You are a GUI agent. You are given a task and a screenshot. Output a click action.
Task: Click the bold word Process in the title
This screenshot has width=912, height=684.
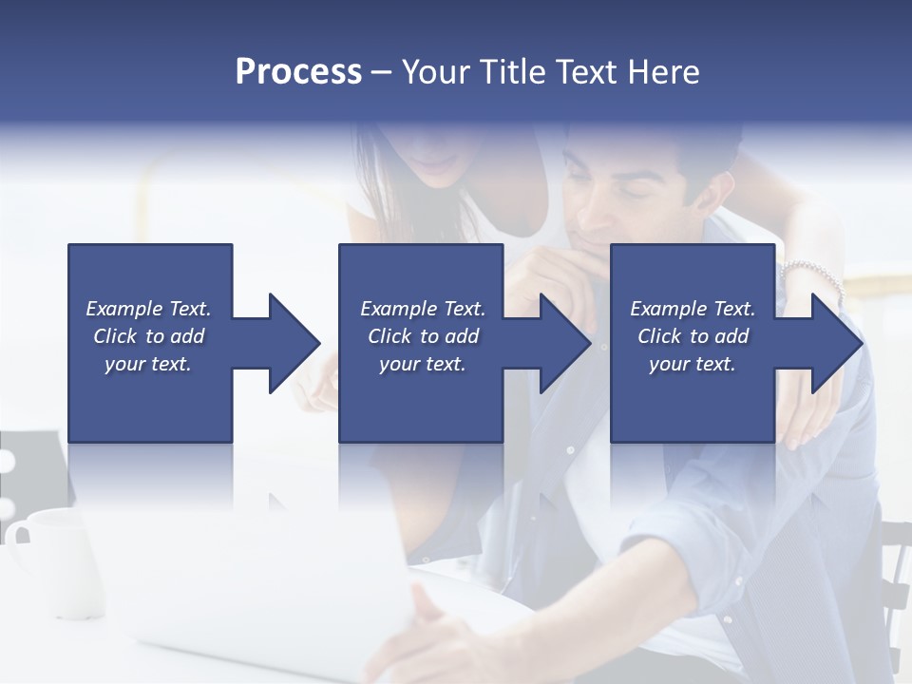pyautogui.click(x=298, y=72)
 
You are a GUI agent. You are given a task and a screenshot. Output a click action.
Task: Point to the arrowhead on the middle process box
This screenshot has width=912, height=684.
pyautogui.click(x=563, y=343)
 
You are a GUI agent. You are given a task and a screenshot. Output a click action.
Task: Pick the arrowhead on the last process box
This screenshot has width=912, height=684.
pyautogui.click(x=835, y=343)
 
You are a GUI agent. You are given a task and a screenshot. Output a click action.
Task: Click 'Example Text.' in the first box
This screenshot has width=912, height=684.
pyautogui.click(x=148, y=309)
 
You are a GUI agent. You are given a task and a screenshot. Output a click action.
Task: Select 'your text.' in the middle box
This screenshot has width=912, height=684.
pyautogui.click(x=423, y=364)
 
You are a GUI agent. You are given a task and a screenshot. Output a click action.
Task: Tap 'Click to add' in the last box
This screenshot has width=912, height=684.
pyautogui.click(x=693, y=336)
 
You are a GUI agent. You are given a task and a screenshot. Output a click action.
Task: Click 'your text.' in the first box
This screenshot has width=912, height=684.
pyautogui.click(x=148, y=364)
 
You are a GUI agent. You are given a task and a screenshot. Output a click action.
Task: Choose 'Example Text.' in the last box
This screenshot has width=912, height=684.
pyautogui.click(x=693, y=309)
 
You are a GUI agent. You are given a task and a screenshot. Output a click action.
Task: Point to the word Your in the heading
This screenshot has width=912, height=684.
pyautogui.click(x=435, y=72)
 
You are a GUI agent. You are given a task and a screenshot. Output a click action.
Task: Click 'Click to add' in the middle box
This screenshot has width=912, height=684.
pyautogui.click(x=423, y=336)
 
